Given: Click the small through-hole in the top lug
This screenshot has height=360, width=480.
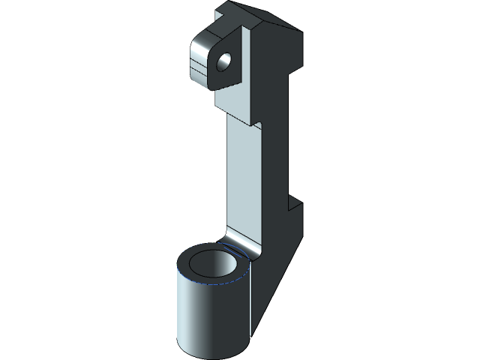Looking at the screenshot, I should tap(224, 61).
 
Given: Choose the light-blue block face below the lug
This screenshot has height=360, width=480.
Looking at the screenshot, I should tap(236, 101).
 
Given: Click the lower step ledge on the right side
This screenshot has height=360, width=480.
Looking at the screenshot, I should tap(295, 203).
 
